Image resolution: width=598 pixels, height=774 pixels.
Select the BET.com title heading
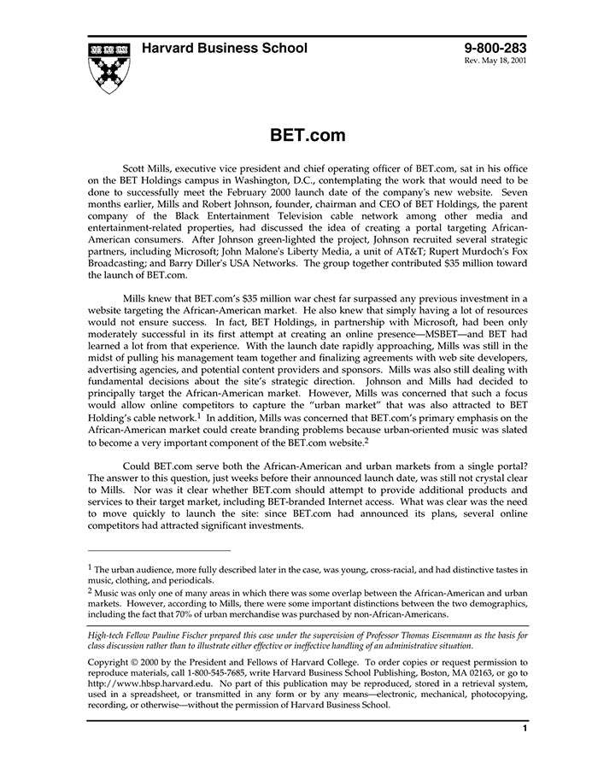308,136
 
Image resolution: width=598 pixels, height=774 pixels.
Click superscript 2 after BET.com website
366,440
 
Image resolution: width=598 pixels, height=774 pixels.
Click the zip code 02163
491,674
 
